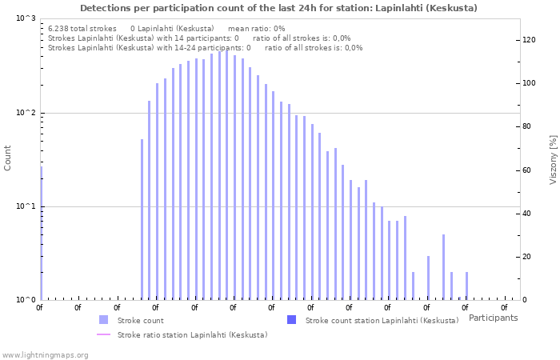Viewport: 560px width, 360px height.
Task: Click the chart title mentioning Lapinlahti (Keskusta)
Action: click(278, 8)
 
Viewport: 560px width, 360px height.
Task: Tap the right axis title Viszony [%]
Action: click(553, 159)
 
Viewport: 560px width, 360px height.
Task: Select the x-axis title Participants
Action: click(493, 318)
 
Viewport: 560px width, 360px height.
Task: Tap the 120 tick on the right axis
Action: click(528, 40)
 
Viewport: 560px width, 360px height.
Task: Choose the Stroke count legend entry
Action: click(140, 320)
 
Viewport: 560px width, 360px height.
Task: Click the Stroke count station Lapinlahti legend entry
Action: click(382, 320)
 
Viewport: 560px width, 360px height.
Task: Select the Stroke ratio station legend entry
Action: click(192, 334)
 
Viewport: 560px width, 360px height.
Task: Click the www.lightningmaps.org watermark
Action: click(45, 354)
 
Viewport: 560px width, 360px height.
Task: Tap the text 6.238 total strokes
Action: click(82, 28)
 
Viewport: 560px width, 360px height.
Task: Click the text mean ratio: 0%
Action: click(256, 28)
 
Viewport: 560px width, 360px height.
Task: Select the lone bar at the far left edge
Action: click(41, 232)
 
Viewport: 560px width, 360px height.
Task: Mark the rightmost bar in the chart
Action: click(466, 286)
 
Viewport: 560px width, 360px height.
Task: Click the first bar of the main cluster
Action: click(142, 219)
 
